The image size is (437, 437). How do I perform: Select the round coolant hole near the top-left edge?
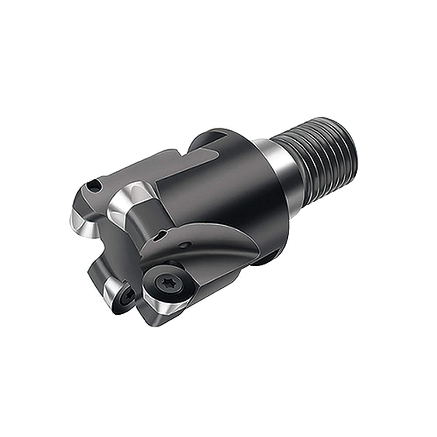(94, 187)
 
